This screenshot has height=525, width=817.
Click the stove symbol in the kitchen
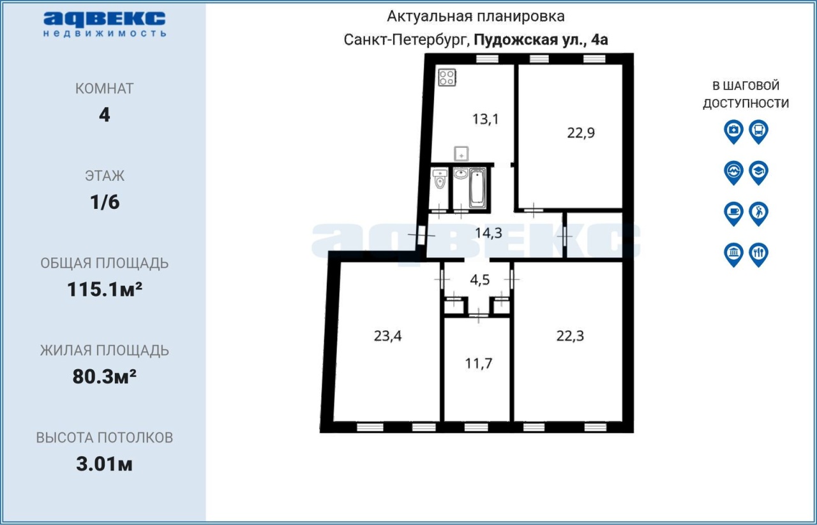coord(447,77)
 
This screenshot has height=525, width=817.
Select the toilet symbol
coord(440,179)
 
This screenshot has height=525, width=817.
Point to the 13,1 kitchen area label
coord(485,119)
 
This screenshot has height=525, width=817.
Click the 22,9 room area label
coord(581,133)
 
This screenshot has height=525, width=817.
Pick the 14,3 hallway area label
coord(488,233)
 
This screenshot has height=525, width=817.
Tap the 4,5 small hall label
coord(479,280)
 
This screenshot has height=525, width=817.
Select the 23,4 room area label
coord(387,335)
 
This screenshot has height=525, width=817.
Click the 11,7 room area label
coord(479,363)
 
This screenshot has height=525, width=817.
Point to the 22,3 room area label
coord(570,335)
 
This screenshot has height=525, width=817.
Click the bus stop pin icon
coord(759,132)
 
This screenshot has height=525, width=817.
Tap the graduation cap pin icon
coord(759,172)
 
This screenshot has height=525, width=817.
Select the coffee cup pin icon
coord(733,213)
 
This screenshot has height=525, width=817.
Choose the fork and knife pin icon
coord(759,254)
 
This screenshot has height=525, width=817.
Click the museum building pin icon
coord(733,254)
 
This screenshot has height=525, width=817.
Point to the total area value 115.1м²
coord(105,289)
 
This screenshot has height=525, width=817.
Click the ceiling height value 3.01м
coord(104,464)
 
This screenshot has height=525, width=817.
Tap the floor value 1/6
coord(105,202)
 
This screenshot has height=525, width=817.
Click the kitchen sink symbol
coord(461,154)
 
